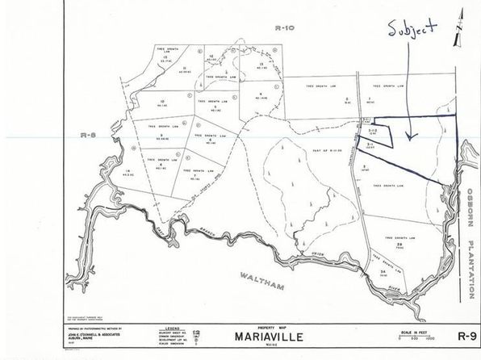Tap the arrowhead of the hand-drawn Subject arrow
click(x=408, y=140)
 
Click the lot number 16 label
click(x=130, y=171)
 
